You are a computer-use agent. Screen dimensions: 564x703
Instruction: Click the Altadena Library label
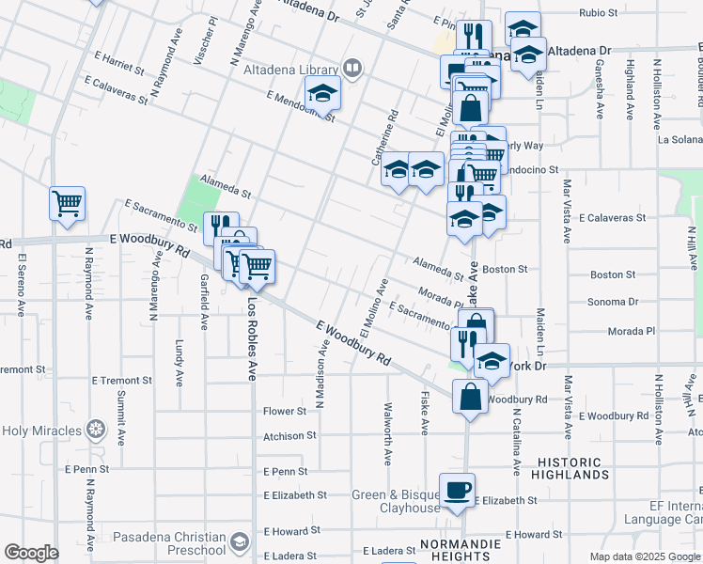290,70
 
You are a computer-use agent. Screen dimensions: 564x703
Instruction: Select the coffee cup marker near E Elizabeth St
458,491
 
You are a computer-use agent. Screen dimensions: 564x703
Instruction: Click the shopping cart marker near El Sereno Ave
67,203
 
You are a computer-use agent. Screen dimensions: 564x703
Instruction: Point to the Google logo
31,553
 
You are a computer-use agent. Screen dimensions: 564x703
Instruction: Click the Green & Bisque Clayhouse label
396,501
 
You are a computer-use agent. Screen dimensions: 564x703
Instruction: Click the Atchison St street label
289,436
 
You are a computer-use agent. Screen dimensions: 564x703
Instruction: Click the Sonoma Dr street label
613,303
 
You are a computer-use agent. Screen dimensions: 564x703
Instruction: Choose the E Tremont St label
121,381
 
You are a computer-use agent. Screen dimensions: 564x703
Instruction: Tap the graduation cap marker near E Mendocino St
321,94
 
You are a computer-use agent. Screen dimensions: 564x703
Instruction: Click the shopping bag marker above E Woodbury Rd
469,397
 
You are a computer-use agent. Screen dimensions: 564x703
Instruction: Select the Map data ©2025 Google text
644,556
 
